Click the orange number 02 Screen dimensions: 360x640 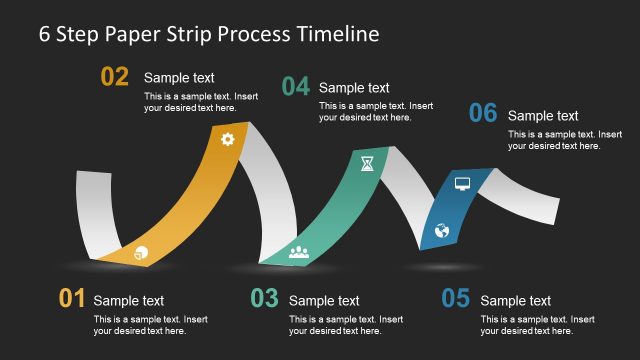click(115, 77)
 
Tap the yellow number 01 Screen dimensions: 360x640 click(72, 298)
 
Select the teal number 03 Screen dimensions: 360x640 click(264, 298)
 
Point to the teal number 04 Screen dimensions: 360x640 click(295, 87)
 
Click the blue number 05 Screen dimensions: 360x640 click(455, 298)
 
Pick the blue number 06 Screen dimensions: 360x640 click(483, 114)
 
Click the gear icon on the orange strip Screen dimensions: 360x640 click(227, 139)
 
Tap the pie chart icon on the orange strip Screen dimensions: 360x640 click(140, 252)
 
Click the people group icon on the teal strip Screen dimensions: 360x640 click(298, 251)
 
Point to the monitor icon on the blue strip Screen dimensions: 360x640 click(462, 183)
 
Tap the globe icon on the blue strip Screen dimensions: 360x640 click(442, 231)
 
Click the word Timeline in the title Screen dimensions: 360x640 click(338, 33)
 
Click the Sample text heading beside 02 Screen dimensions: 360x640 click(179, 78)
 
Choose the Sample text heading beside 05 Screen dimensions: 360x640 click(515, 300)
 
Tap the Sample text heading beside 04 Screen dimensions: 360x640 click(354, 88)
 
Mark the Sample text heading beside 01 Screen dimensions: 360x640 click(129, 300)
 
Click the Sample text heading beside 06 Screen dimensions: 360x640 click(543, 116)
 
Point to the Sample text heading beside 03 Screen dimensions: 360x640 click(324, 300)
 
